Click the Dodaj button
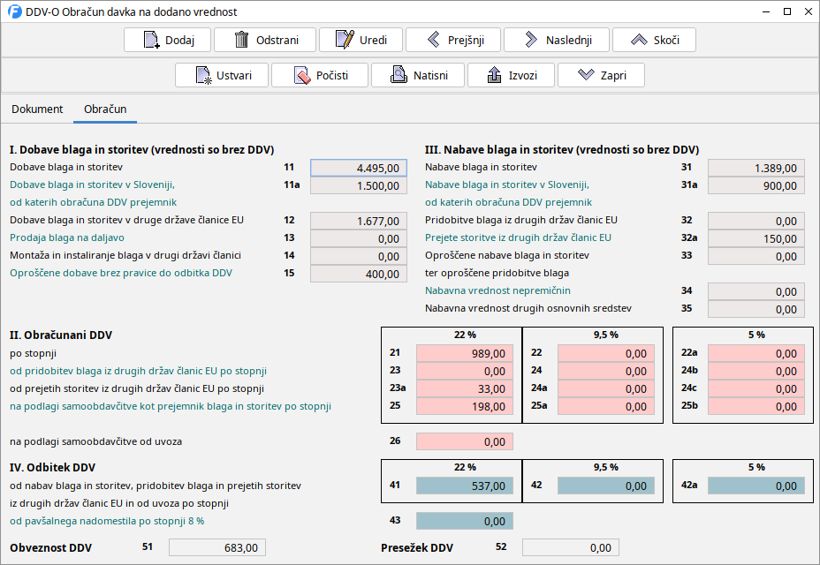pos(166,40)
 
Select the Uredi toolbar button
pos(361,40)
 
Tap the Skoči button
pos(653,40)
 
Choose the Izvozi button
pos(512,75)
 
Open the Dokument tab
pos(37,109)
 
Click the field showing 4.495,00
pos(359,168)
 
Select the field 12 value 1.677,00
pos(359,221)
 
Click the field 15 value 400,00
pos(359,274)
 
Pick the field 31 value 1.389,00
pos(756,168)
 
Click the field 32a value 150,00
pos(756,238)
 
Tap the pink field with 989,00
pos(464,353)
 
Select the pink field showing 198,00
pos(464,406)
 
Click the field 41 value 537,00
pos(464,486)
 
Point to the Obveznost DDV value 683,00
pos(216,547)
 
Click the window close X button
pos(808,11)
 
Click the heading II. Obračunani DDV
pos(61,335)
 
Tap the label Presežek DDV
pos(417,547)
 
